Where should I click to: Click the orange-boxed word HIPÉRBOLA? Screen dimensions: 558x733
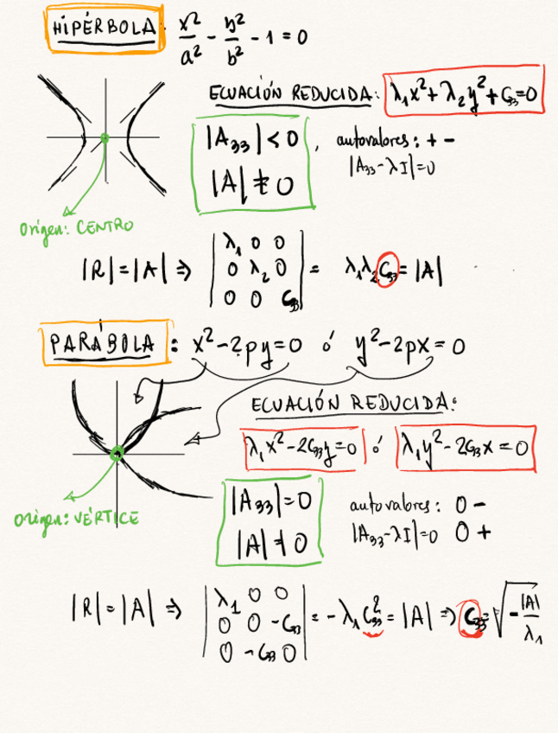click(102, 29)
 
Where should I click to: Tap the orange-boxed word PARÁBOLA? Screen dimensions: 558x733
click(102, 344)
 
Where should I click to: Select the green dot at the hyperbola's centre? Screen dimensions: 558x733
click(105, 137)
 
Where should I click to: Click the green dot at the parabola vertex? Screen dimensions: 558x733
click(118, 452)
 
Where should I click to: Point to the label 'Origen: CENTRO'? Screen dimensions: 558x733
click(76, 228)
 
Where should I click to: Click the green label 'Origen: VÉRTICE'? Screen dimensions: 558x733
click(76, 519)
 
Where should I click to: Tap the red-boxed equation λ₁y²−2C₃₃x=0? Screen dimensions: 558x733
click(465, 448)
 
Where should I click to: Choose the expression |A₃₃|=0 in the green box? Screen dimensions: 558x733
click(273, 500)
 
